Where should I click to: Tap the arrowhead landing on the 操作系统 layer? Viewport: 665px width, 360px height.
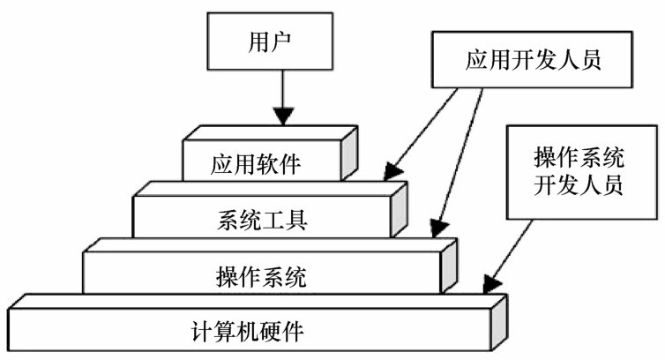438,228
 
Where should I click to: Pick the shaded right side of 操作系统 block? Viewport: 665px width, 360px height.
449,266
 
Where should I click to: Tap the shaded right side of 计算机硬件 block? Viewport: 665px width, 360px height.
498,322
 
